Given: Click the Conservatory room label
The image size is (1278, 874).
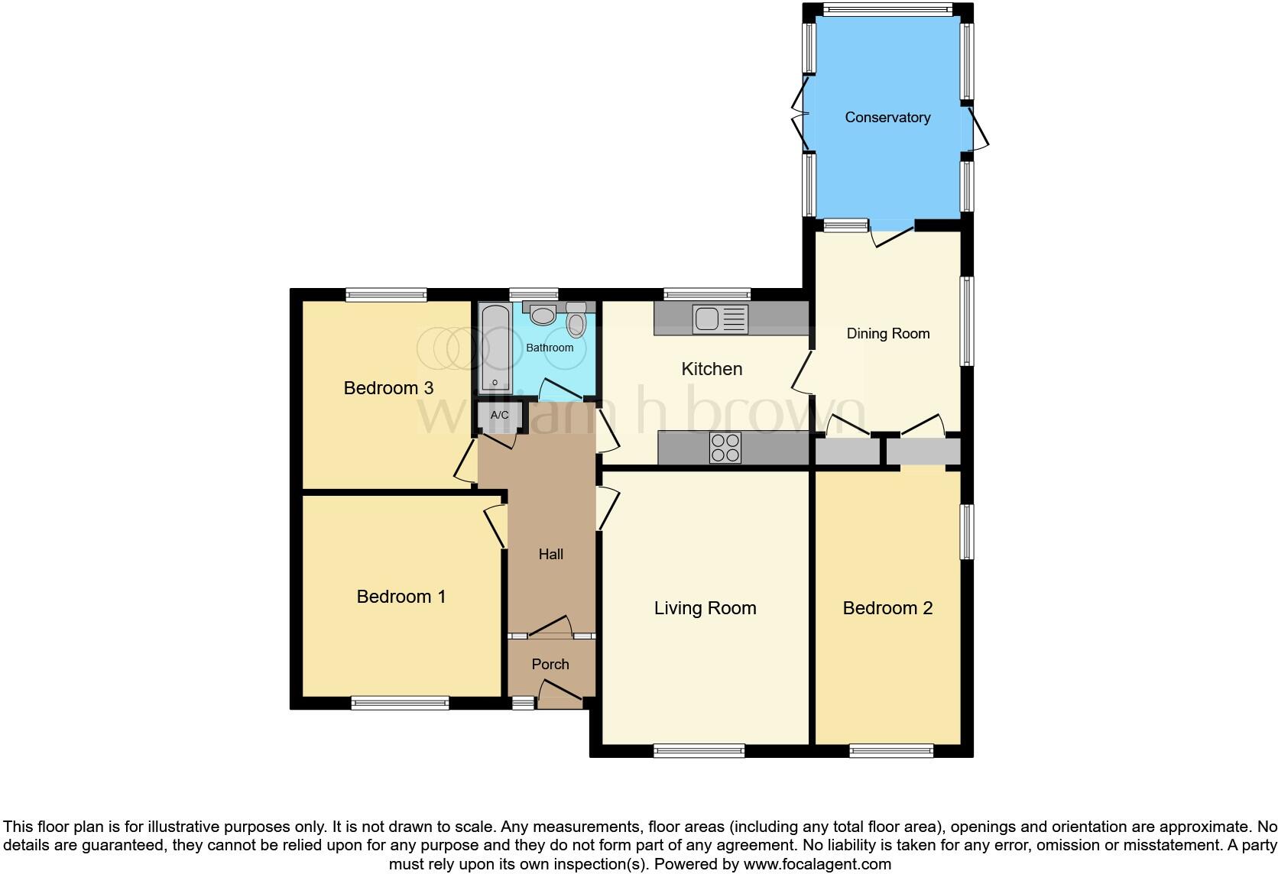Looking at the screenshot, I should (x=887, y=117).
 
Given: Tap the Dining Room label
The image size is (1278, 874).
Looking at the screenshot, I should (x=887, y=333).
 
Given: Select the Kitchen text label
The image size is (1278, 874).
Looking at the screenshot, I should (x=711, y=369).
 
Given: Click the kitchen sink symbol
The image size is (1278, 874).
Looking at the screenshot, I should (x=719, y=319).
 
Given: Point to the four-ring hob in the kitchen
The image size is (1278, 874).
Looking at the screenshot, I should (x=725, y=448).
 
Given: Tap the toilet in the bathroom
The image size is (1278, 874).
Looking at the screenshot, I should (x=576, y=322).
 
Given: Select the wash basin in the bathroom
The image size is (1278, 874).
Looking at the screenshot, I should (x=543, y=315).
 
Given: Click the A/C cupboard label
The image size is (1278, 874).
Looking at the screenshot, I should (x=499, y=415).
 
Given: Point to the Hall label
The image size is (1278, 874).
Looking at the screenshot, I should (x=550, y=555).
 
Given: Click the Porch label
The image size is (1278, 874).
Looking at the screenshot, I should (x=550, y=665).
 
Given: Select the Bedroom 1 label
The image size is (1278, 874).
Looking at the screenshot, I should (x=401, y=597).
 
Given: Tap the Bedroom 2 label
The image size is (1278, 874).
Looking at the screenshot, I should (x=887, y=608).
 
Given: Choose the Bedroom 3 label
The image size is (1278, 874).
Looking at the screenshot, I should (x=388, y=388).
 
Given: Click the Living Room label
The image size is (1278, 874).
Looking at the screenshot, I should (x=705, y=608).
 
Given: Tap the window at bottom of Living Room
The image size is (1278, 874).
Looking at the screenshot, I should (x=699, y=751).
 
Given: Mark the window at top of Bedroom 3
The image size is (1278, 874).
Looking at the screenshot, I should (x=385, y=294).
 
